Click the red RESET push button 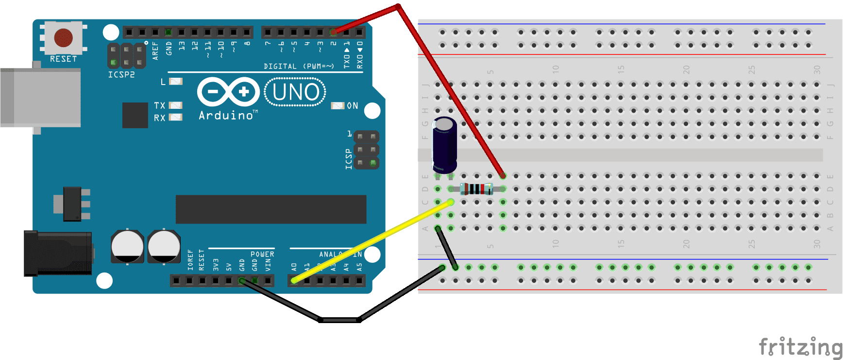pyautogui.click(x=64, y=37)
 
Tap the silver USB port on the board pyautogui.click(x=41, y=98)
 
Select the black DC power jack pyautogui.click(x=58, y=253)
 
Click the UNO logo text pyautogui.click(x=295, y=92)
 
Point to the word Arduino pyautogui.click(x=226, y=115)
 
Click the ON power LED pyautogui.click(x=338, y=105)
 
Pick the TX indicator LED pyautogui.click(x=175, y=105)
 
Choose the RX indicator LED pyautogui.click(x=175, y=117)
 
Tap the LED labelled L pyautogui.click(x=175, y=81)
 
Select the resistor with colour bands pyautogui.click(x=476, y=189)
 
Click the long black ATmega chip pyautogui.click(x=271, y=209)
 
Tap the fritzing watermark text pyautogui.click(x=800, y=347)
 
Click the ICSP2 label pyautogui.click(x=121, y=75)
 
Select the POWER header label pyautogui.click(x=262, y=254)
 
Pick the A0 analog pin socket pyautogui.click(x=294, y=280)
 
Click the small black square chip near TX pyautogui.click(x=135, y=115)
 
